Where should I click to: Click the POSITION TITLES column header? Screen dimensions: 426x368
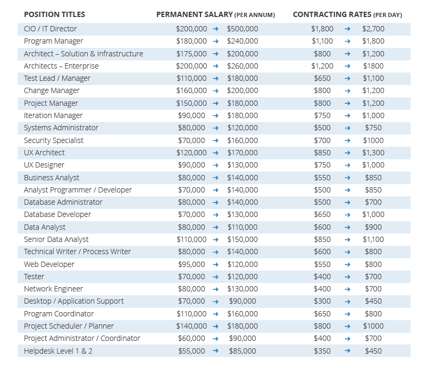[x=54, y=14]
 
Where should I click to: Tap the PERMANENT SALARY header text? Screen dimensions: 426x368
[x=195, y=14]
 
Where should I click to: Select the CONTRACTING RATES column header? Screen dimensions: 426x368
[x=332, y=14]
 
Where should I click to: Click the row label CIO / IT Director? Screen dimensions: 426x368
[x=51, y=29]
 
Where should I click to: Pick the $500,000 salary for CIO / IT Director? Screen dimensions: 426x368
[x=243, y=29]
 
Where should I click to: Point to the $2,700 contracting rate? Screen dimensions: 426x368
[x=373, y=29]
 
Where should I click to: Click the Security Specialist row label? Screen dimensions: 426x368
[x=54, y=140]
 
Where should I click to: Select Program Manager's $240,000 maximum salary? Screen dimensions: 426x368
[x=243, y=41]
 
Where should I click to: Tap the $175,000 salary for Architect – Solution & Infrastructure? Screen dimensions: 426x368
[x=191, y=54]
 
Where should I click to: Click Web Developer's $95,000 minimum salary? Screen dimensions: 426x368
[x=191, y=264]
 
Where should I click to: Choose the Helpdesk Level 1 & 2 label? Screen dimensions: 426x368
[x=58, y=351]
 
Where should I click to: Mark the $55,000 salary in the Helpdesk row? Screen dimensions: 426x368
[x=191, y=351]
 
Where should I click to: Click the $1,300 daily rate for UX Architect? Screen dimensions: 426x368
[x=373, y=153]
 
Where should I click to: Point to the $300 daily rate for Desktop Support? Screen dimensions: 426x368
[x=322, y=301]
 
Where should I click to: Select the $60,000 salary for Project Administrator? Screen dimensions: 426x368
[x=191, y=338]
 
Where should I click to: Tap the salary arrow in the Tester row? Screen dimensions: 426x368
[x=215, y=277]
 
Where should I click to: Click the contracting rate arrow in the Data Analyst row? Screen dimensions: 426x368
[x=347, y=227]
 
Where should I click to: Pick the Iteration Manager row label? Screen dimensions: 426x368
[x=53, y=115]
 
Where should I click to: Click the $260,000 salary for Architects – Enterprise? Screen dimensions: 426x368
[x=243, y=66]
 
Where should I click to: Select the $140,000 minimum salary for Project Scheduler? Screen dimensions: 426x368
[x=191, y=326]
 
